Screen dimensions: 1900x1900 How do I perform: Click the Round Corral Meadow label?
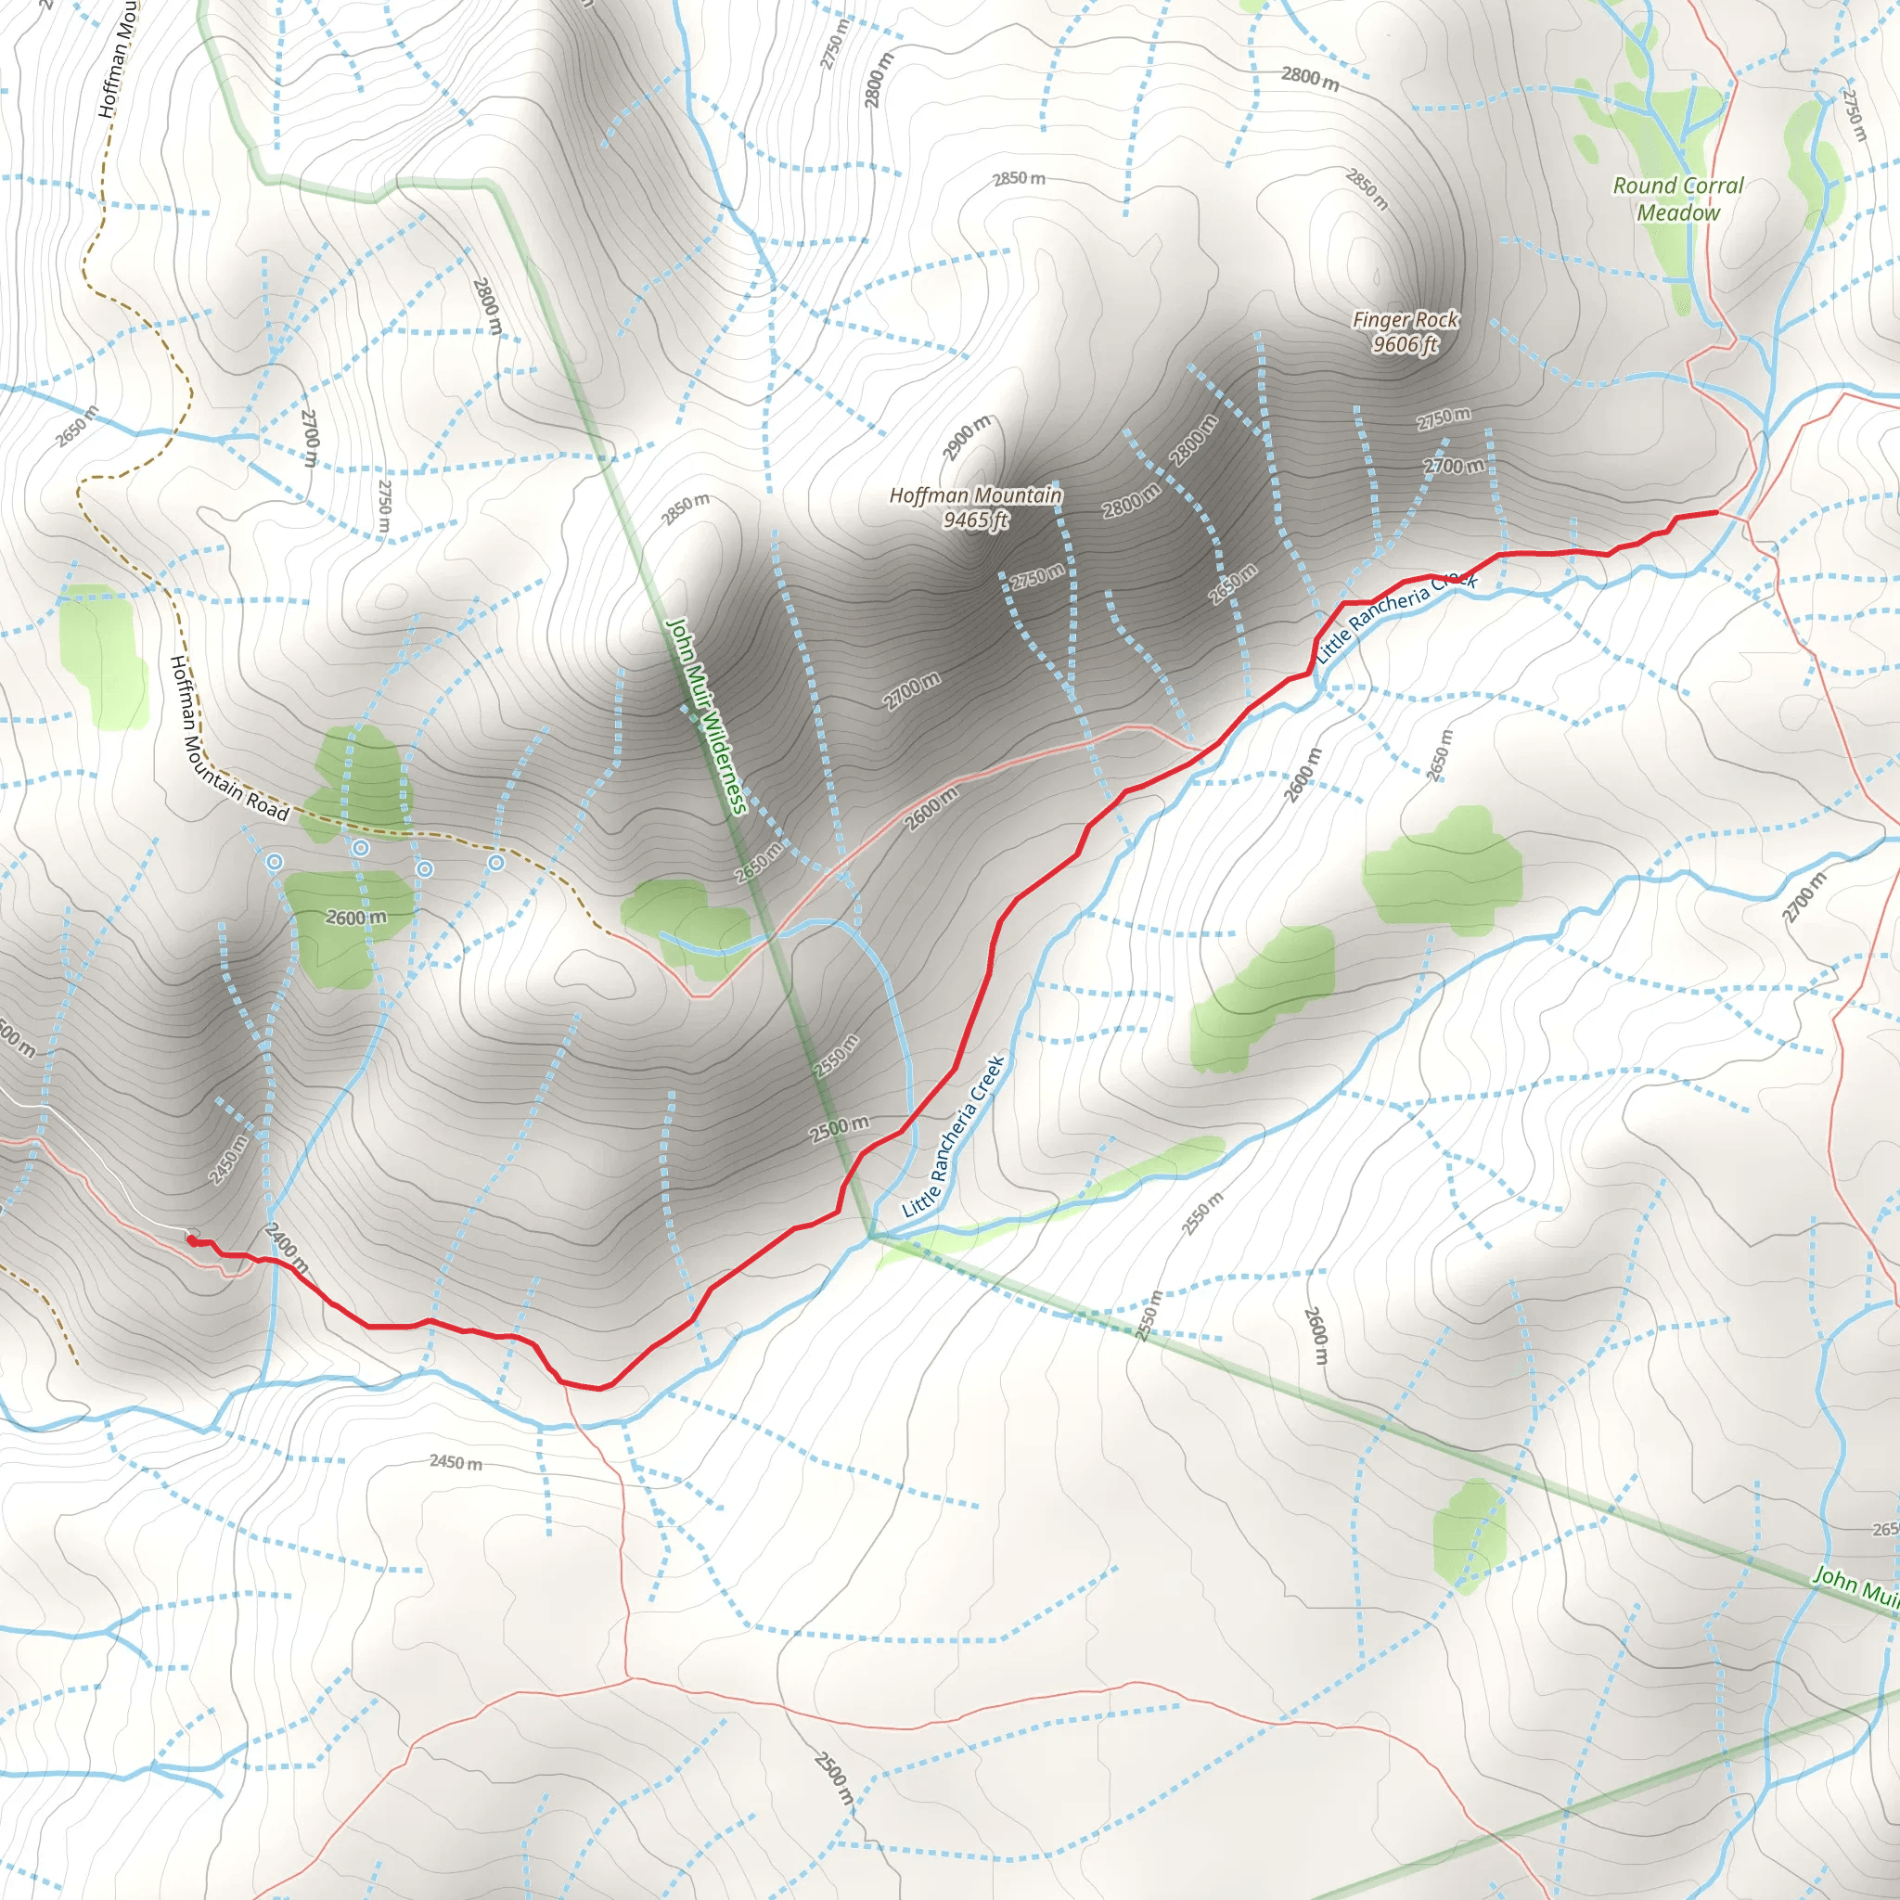point(1677,199)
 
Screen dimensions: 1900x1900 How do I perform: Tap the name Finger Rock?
point(1406,320)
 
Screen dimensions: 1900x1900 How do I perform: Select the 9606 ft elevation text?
point(1406,344)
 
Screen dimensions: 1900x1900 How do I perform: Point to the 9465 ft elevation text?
point(976,520)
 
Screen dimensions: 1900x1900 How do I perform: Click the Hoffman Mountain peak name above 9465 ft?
point(976,495)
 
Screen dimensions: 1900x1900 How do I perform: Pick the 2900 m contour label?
point(967,439)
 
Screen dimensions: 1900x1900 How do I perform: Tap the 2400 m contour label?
point(286,1248)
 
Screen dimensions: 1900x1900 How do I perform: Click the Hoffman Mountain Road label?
point(228,739)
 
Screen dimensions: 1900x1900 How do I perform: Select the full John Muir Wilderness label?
point(707,716)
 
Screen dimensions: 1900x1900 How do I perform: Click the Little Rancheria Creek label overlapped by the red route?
point(1396,615)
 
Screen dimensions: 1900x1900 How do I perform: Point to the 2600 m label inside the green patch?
point(356,918)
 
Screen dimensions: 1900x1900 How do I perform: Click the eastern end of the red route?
point(1716,511)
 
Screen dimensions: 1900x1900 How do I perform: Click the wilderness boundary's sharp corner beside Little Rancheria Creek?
point(870,1238)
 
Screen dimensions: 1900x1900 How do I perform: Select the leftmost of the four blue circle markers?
point(275,863)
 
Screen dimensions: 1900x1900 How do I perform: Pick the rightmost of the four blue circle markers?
point(496,863)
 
